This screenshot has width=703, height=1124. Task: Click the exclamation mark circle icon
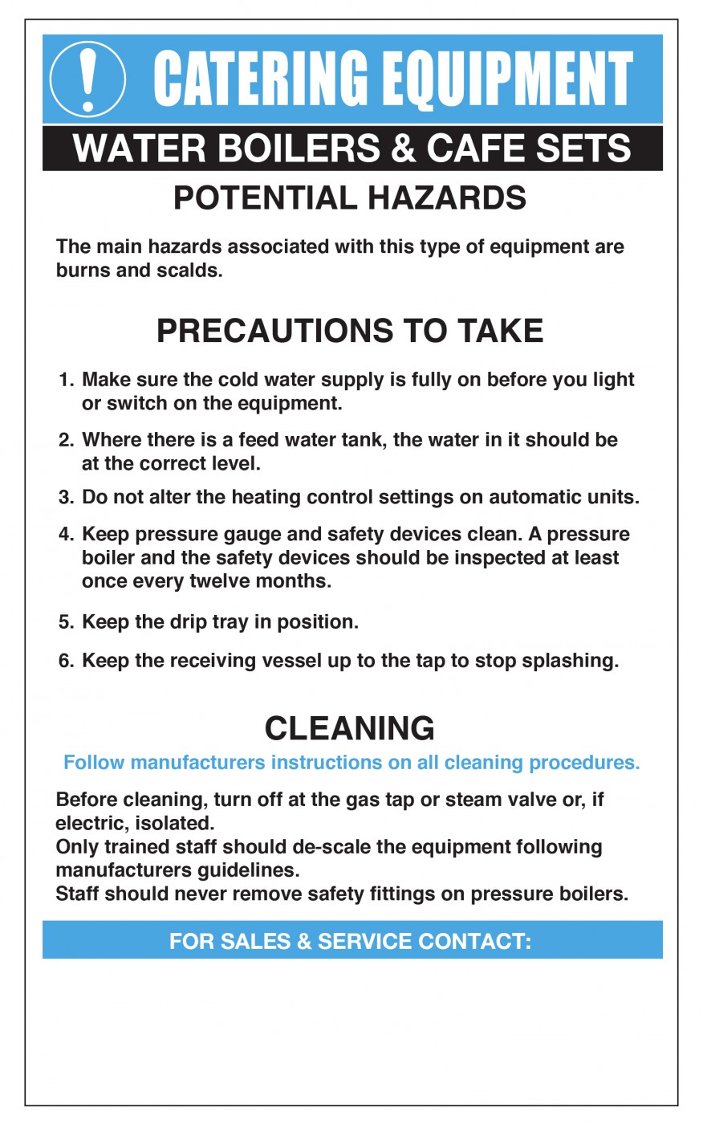pos(87,79)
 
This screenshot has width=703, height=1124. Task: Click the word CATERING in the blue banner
pos(260,79)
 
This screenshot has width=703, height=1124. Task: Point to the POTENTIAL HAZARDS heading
pos(350,198)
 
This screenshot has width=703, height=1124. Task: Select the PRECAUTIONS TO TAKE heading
pos(350,331)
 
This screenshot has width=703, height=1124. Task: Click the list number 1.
pos(66,380)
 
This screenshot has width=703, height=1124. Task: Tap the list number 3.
pos(66,498)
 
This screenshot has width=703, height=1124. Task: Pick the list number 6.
pos(66,662)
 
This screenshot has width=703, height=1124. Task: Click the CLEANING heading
pos(350,728)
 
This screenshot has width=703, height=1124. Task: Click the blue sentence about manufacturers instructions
pos(351,763)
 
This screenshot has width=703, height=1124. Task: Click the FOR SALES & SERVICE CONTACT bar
pos(351,941)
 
